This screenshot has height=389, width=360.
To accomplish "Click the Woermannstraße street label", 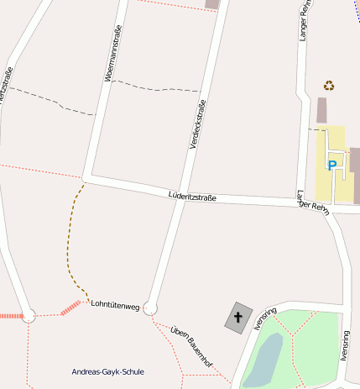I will tap(112, 52).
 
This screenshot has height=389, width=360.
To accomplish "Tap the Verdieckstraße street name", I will tap(196, 124).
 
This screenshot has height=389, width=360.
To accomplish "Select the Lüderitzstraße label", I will tap(192, 197).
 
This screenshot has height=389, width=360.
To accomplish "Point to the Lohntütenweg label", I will tap(114, 306).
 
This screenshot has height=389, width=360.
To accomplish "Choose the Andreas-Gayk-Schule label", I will tap(108, 371).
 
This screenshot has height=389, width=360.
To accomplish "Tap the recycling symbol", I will tap(329, 85).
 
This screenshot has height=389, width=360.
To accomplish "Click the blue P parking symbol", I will tap(331, 166).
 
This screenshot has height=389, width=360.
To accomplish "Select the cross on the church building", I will tap(237, 318).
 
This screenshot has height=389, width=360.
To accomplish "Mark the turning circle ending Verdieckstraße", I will tap(150, 308).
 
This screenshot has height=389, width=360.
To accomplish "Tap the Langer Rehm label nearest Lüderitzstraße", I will tap(311, 202).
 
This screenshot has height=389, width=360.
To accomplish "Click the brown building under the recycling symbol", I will tap(322, 110).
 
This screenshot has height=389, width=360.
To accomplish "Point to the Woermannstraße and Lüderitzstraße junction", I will tap(84, 178).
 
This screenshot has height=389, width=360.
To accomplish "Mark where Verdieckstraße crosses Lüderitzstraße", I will tap(184, 197).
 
